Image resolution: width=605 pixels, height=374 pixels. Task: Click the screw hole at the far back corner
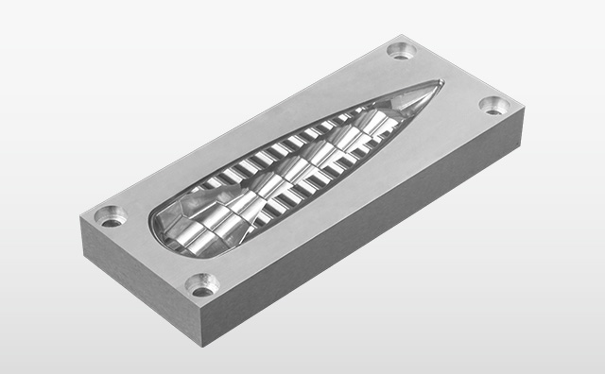coord(402,49)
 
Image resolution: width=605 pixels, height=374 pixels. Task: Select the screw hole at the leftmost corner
coord(112,217)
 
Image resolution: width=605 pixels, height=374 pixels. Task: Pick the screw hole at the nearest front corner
coord(201,283)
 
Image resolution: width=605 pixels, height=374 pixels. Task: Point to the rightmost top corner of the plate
coord(523,107)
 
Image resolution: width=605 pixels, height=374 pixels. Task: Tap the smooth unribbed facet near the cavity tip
coord(416,97)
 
